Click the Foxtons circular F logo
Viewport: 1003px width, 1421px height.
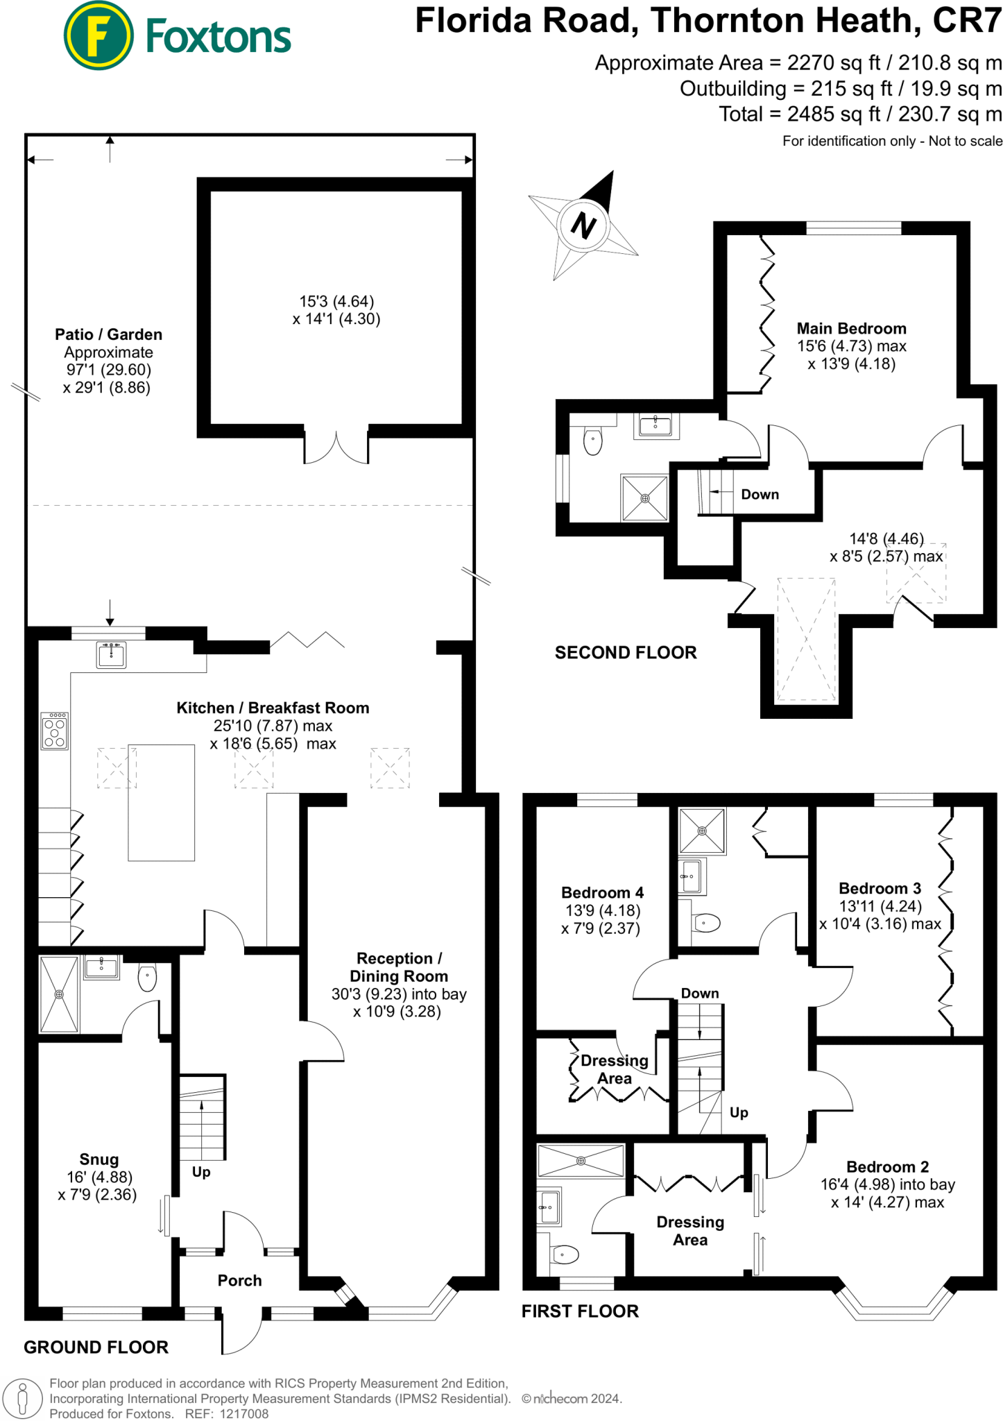98,36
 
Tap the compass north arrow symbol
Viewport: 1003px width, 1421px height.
583,226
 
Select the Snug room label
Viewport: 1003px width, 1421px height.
99,1159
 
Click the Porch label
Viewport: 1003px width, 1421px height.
240,1280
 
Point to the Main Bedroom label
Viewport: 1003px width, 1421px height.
851,328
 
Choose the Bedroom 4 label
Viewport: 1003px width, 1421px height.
602,892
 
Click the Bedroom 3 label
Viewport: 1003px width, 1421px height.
880,888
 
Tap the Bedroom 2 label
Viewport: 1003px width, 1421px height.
887,1166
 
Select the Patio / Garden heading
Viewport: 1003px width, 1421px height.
109,334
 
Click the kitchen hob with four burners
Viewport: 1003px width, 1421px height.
55,731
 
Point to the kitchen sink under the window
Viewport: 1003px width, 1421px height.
111,655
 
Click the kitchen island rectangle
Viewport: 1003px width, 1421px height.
161,802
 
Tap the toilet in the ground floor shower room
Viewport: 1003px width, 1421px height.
148,978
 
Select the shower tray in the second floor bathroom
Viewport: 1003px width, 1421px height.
644,497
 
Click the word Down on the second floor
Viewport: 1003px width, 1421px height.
760,494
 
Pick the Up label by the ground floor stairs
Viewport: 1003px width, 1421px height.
201,1172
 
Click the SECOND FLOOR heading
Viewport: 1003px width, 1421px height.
626,652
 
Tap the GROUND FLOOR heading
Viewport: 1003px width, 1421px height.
96,1347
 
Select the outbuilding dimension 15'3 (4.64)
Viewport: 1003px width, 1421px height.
336,301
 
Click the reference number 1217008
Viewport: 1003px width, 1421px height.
244,1413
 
